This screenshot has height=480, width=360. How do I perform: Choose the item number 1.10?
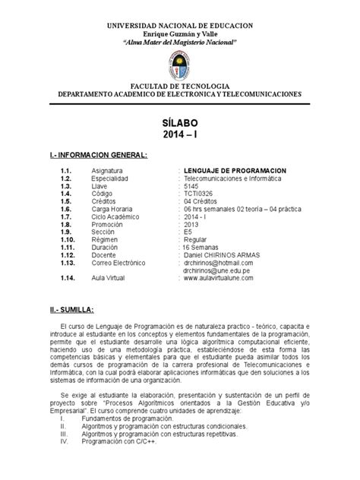pyautogui.click(x=68, y=239)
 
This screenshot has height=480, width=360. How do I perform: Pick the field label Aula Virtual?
pyautogui.click(x=109, y=279)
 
